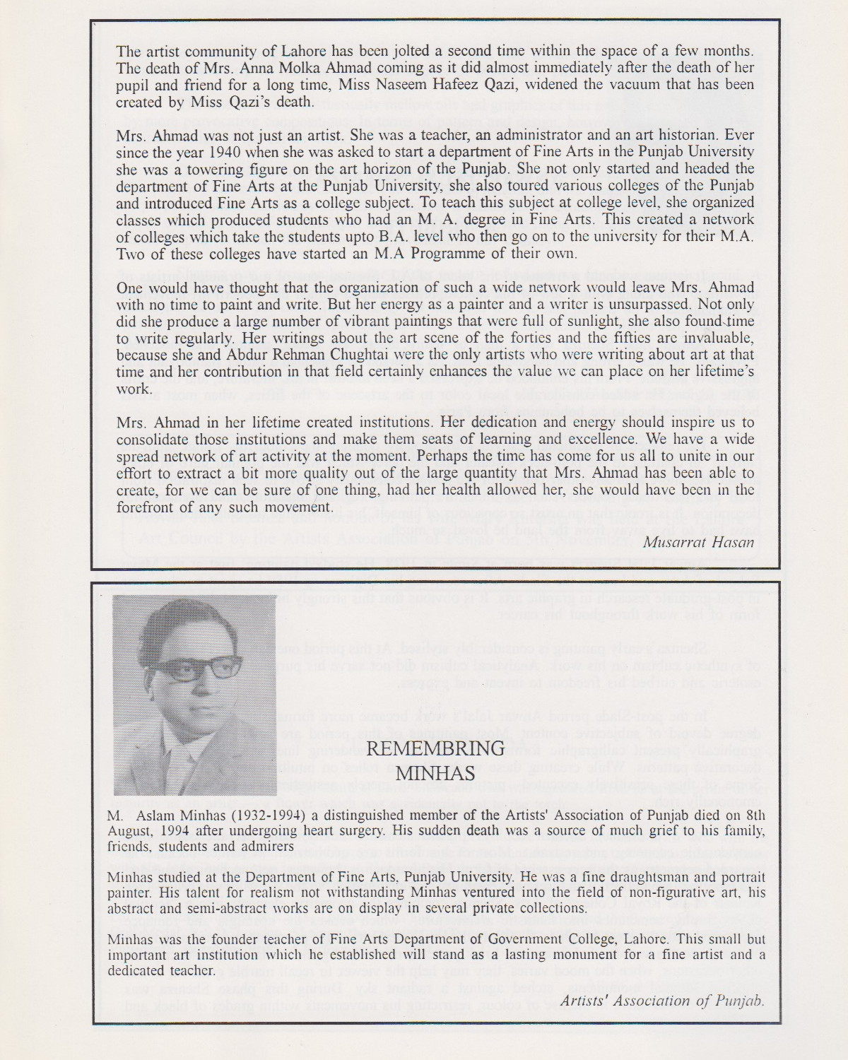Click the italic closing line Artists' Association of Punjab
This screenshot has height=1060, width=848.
(663, 1000)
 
